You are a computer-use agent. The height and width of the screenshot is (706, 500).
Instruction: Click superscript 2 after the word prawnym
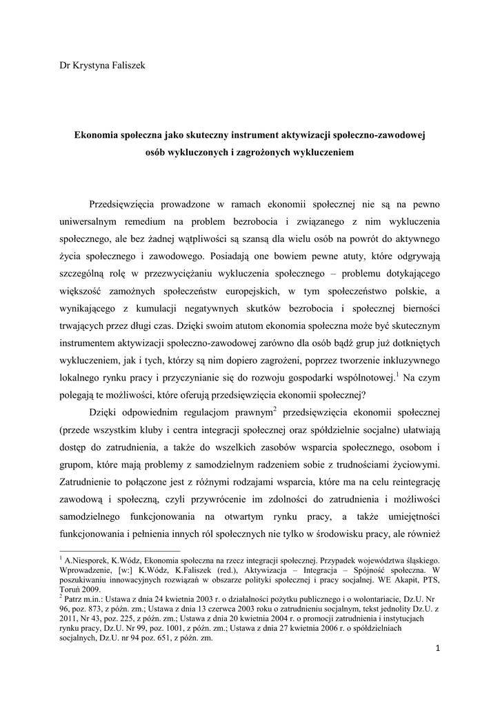(x=274, y=410)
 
